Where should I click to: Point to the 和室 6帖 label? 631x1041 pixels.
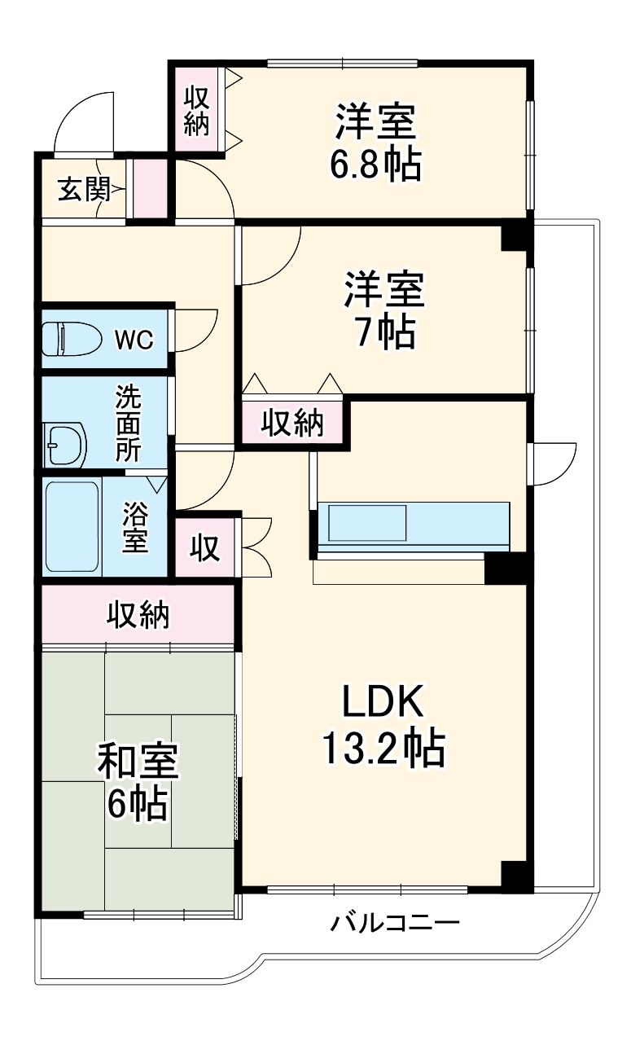pos(138,782)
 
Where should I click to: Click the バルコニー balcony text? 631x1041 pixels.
pos(396,924)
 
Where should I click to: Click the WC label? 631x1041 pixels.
pos(134,340)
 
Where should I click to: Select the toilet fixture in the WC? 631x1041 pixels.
pos(71,338)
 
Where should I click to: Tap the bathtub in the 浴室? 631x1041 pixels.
pos(72,526)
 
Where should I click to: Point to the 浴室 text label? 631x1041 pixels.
pos(136,527)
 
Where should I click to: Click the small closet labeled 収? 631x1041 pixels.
pos(206,548)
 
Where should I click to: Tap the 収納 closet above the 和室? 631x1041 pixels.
pos(138,615)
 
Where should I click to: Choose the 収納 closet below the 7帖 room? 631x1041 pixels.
pos(292,423)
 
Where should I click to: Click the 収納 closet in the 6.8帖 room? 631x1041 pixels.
pos(196,111)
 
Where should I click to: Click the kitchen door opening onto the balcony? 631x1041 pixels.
pos(552,463)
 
